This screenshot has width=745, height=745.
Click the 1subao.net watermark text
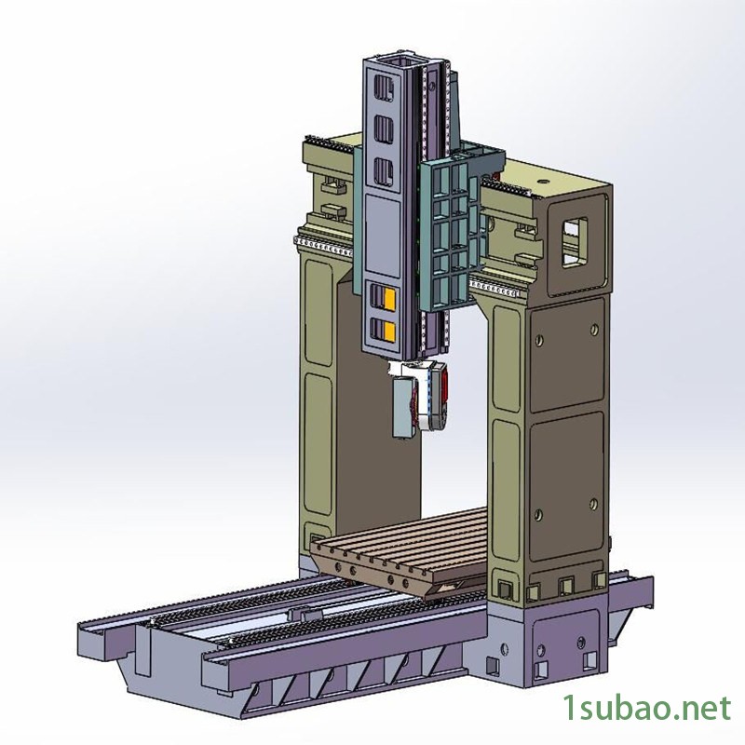pos(646,708)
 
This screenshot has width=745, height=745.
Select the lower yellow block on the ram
pos(389,332)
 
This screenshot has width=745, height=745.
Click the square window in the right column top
pos(574,242)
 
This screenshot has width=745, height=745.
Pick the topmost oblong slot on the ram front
pos(383,89)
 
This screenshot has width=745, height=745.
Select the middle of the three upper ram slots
pos(383,129)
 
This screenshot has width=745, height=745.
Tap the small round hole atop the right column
pos(542,181)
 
